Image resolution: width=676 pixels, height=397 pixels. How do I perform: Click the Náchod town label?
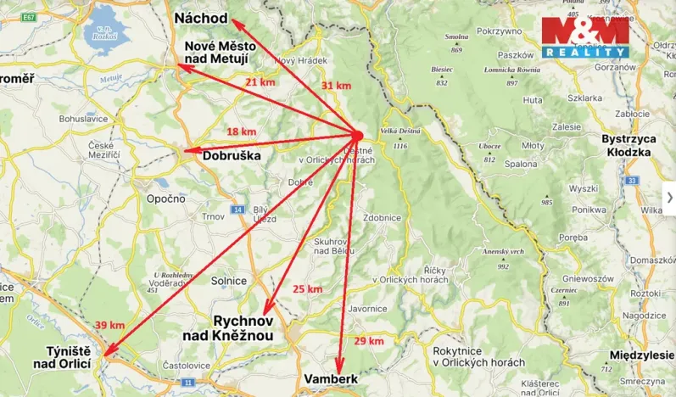(x=200, y=18)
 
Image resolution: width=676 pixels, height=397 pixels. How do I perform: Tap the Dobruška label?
(x=232, y=156)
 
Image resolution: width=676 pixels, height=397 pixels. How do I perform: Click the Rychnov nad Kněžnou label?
(x=231, y=329)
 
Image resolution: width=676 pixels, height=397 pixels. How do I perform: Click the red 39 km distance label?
(x=109, y=325)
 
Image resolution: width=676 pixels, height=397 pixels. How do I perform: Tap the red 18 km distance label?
(x=242, y=131)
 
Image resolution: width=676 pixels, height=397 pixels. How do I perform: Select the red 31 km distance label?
(x=336, y=86)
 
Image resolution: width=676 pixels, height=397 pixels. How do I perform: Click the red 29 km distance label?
(x=369, y=340)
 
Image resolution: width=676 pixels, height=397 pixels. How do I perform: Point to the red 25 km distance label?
(x=307, y=289)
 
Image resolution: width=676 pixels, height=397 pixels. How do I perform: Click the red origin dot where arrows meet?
(x=357, y=135)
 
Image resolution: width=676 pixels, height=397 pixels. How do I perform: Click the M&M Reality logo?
(x=585, y=37)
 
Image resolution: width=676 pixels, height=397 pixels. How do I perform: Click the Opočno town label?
(x=166, y=198)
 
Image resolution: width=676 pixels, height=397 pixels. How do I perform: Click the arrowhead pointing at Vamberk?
(x=340, y=367)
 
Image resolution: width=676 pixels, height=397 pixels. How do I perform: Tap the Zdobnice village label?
(x=381, y=217)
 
